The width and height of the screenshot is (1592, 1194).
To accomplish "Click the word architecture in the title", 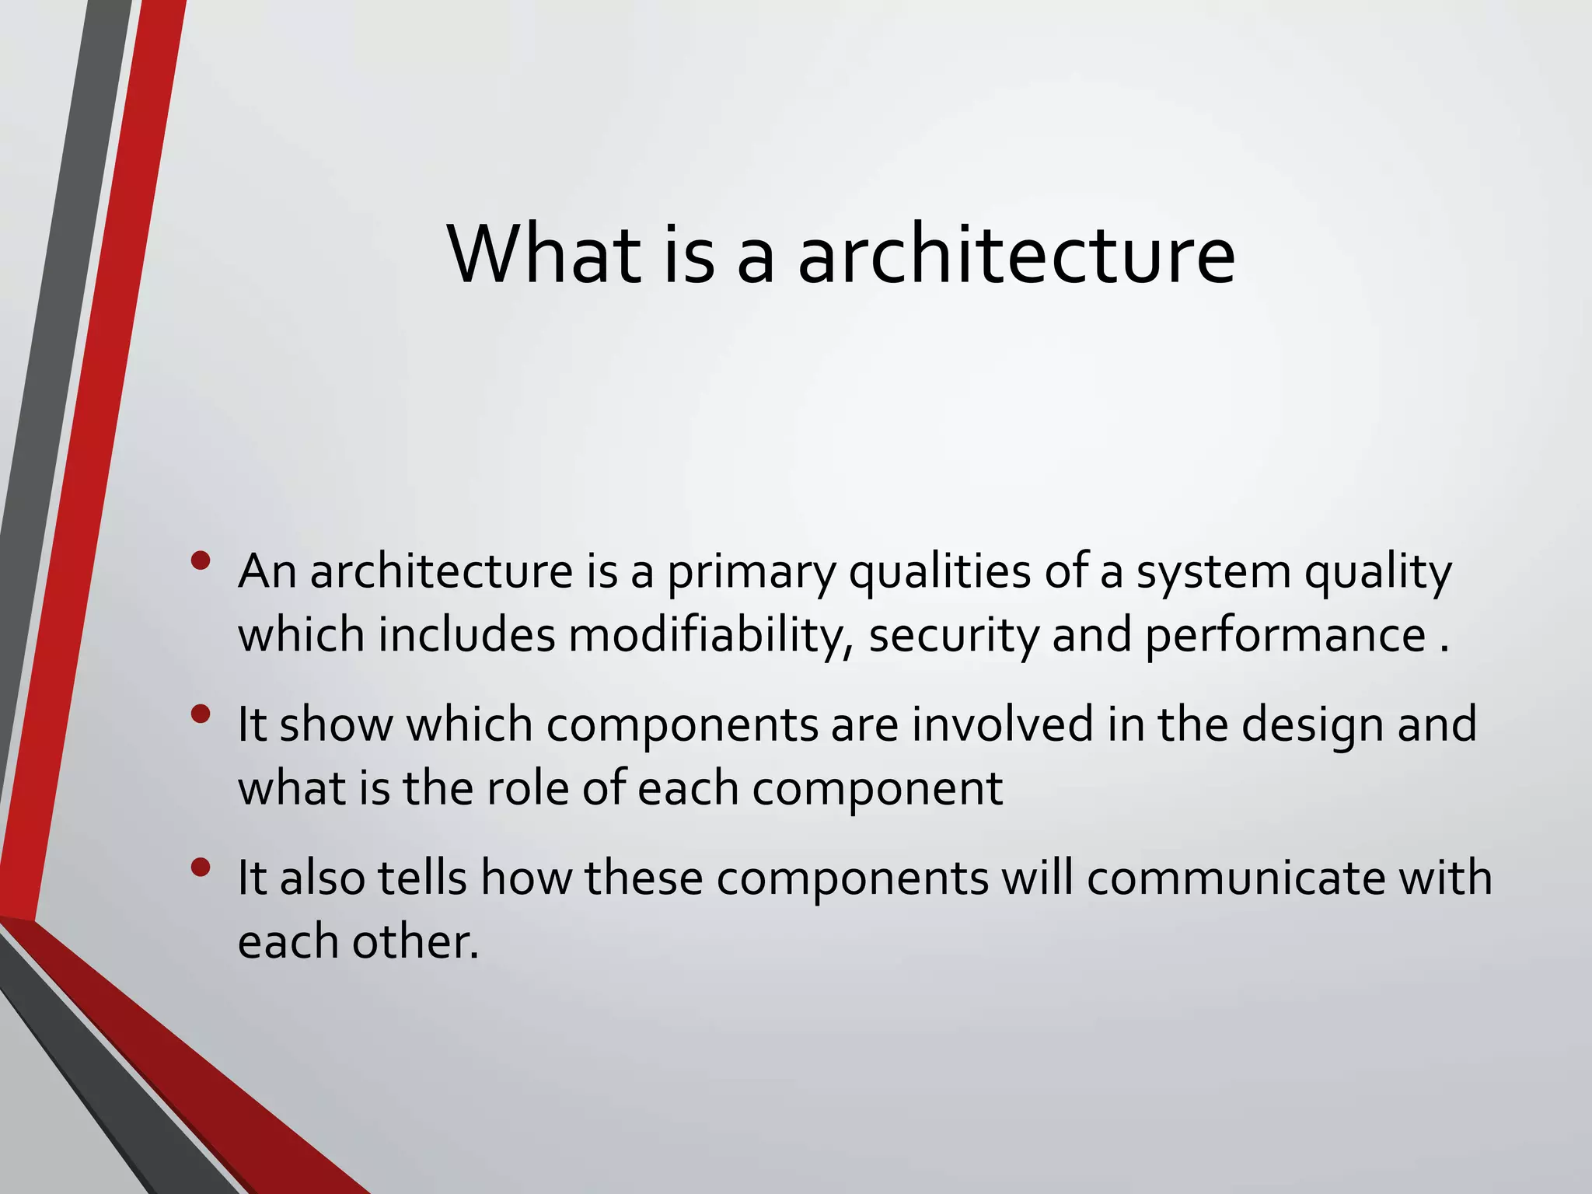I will coord(1016,254).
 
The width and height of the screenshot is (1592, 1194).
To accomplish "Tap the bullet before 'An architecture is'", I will coord(201,560).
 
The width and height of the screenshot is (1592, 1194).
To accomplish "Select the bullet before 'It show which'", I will coord(201,714).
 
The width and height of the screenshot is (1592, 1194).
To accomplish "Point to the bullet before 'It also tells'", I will coord(201,867).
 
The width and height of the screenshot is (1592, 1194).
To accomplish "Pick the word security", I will coord(953,635).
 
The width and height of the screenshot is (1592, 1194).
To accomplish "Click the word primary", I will coord(751,573).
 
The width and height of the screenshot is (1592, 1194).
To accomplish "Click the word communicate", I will coord(1235,878).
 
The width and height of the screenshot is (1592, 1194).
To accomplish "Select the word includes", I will coord(466,635).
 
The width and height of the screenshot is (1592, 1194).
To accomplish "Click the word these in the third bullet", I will coord(644,878).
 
